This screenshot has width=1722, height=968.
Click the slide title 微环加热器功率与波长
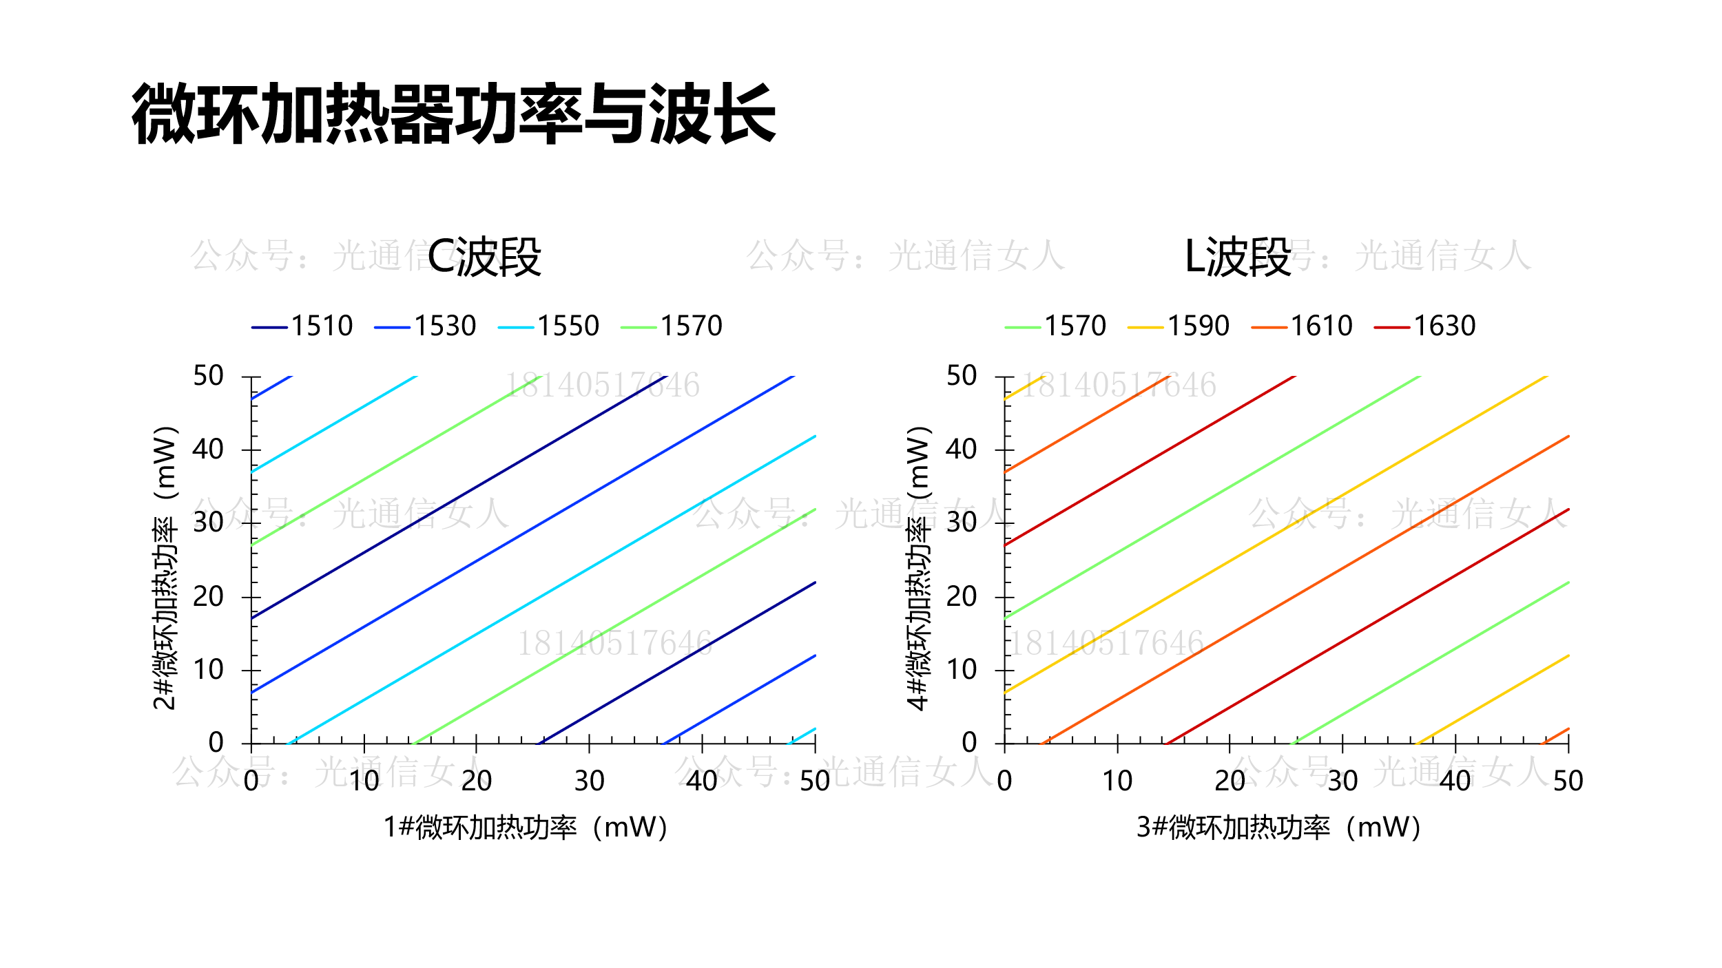click(454, 114)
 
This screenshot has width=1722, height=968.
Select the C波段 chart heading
click(484, 257)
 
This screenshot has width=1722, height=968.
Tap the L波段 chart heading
click(1237, 257)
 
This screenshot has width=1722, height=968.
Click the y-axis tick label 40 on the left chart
click(208, 450)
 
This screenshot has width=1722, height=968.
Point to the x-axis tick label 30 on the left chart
click(589, 781)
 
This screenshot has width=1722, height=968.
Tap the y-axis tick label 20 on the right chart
click(961, 596)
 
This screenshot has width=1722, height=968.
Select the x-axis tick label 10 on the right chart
click(1117, 781)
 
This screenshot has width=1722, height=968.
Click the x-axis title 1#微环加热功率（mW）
click(526, 828)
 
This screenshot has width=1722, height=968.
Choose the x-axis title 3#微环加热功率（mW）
click(1279, 828)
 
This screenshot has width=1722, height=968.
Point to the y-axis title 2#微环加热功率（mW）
click(165, 568)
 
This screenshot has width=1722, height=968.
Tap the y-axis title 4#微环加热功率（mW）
click(918, 568)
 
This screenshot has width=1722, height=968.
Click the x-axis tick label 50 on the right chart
click(1568, 781)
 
